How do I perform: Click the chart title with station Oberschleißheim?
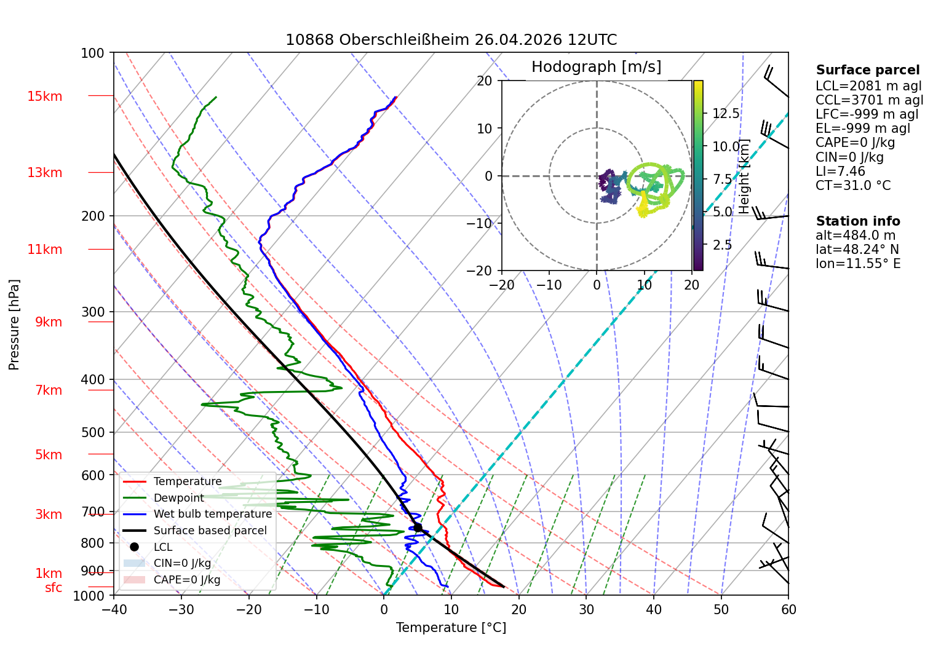(x=451, y=39)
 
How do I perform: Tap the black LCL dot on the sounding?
(x=418, y=527)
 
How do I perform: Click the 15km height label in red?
(x=44, y=96)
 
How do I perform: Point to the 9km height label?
(x=49, y=322)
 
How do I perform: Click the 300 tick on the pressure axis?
(x=92, y=312)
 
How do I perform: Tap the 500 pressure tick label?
(x=92, y=432)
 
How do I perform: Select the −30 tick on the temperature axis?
(x=181, y=610)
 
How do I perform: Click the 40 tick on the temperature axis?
(x=654, y=610)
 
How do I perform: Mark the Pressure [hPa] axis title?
(x=14, y=325)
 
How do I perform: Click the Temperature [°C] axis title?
(x=451, y=628)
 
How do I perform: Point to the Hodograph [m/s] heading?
(x=596, y=66)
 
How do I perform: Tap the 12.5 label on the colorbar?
(x=726, y=113)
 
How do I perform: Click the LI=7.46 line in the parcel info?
(x=840, y=171)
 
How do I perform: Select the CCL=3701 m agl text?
(x=869, y=100)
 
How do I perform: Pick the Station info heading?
(x=858, y=221)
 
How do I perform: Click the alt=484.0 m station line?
(x=856, y=235)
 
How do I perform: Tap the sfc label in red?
(x=54, y=588)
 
